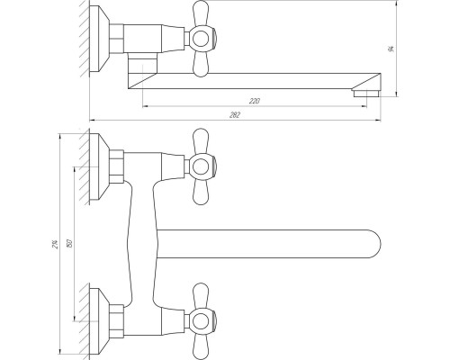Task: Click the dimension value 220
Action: [255, 101]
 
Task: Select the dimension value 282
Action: [235, 115]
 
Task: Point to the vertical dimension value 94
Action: [391, 49]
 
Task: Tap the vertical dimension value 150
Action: [69, 243]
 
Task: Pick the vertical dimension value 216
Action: [55, 244]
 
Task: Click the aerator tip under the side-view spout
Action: [366, 94]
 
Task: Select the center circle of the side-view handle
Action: [201, 39]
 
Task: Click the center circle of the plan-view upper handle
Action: [201, 166]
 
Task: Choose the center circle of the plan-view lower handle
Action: [201, 321]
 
